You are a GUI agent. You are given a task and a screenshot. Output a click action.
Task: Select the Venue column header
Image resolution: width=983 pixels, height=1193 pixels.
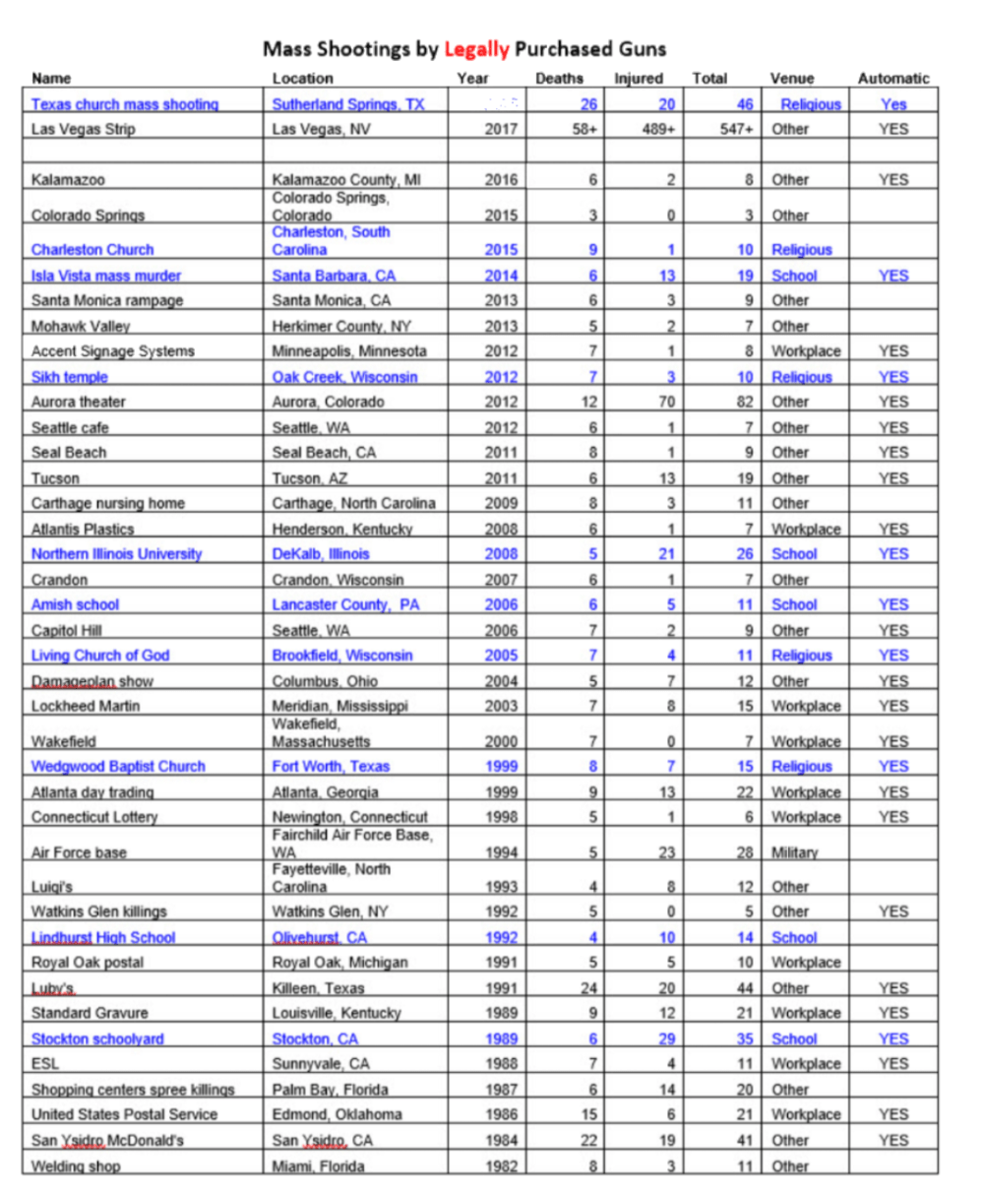(792, 79)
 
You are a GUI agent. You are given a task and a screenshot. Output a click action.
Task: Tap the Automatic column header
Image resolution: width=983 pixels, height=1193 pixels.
(892, 79)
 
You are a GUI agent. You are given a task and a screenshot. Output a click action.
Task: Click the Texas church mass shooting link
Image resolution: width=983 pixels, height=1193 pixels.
(125, 104)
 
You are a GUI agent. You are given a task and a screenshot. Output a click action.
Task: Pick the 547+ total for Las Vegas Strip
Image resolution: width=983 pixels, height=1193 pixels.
(736, 129)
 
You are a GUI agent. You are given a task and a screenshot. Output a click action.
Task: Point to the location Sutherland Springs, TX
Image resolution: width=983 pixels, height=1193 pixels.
(348, 104)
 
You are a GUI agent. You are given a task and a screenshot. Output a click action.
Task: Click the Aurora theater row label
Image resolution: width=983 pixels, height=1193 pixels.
(79, 402)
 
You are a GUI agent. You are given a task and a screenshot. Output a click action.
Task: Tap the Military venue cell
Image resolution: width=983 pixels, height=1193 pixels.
(794, 852)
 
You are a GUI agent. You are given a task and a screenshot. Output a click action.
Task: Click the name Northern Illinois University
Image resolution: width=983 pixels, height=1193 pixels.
(116, 554)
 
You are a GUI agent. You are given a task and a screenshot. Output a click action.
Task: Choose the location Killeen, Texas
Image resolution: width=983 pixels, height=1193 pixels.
(318, 988)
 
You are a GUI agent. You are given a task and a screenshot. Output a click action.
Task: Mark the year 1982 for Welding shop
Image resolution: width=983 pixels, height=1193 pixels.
(501, 1166)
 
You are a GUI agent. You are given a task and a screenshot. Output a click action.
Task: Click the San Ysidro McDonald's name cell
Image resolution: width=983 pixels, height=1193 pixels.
(107, 1140)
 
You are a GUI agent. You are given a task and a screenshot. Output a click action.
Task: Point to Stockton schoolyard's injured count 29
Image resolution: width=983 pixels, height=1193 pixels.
(666, 1038)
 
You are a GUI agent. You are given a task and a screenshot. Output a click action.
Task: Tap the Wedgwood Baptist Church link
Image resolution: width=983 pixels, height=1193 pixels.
(118, 767)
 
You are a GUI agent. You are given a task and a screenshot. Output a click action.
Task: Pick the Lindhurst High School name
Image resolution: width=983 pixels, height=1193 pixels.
(103, 938)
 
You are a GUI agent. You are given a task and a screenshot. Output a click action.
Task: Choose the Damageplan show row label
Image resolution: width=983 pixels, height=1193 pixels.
(92, 681)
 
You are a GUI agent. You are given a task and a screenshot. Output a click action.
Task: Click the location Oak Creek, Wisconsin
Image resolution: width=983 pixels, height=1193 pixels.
(344, 377)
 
